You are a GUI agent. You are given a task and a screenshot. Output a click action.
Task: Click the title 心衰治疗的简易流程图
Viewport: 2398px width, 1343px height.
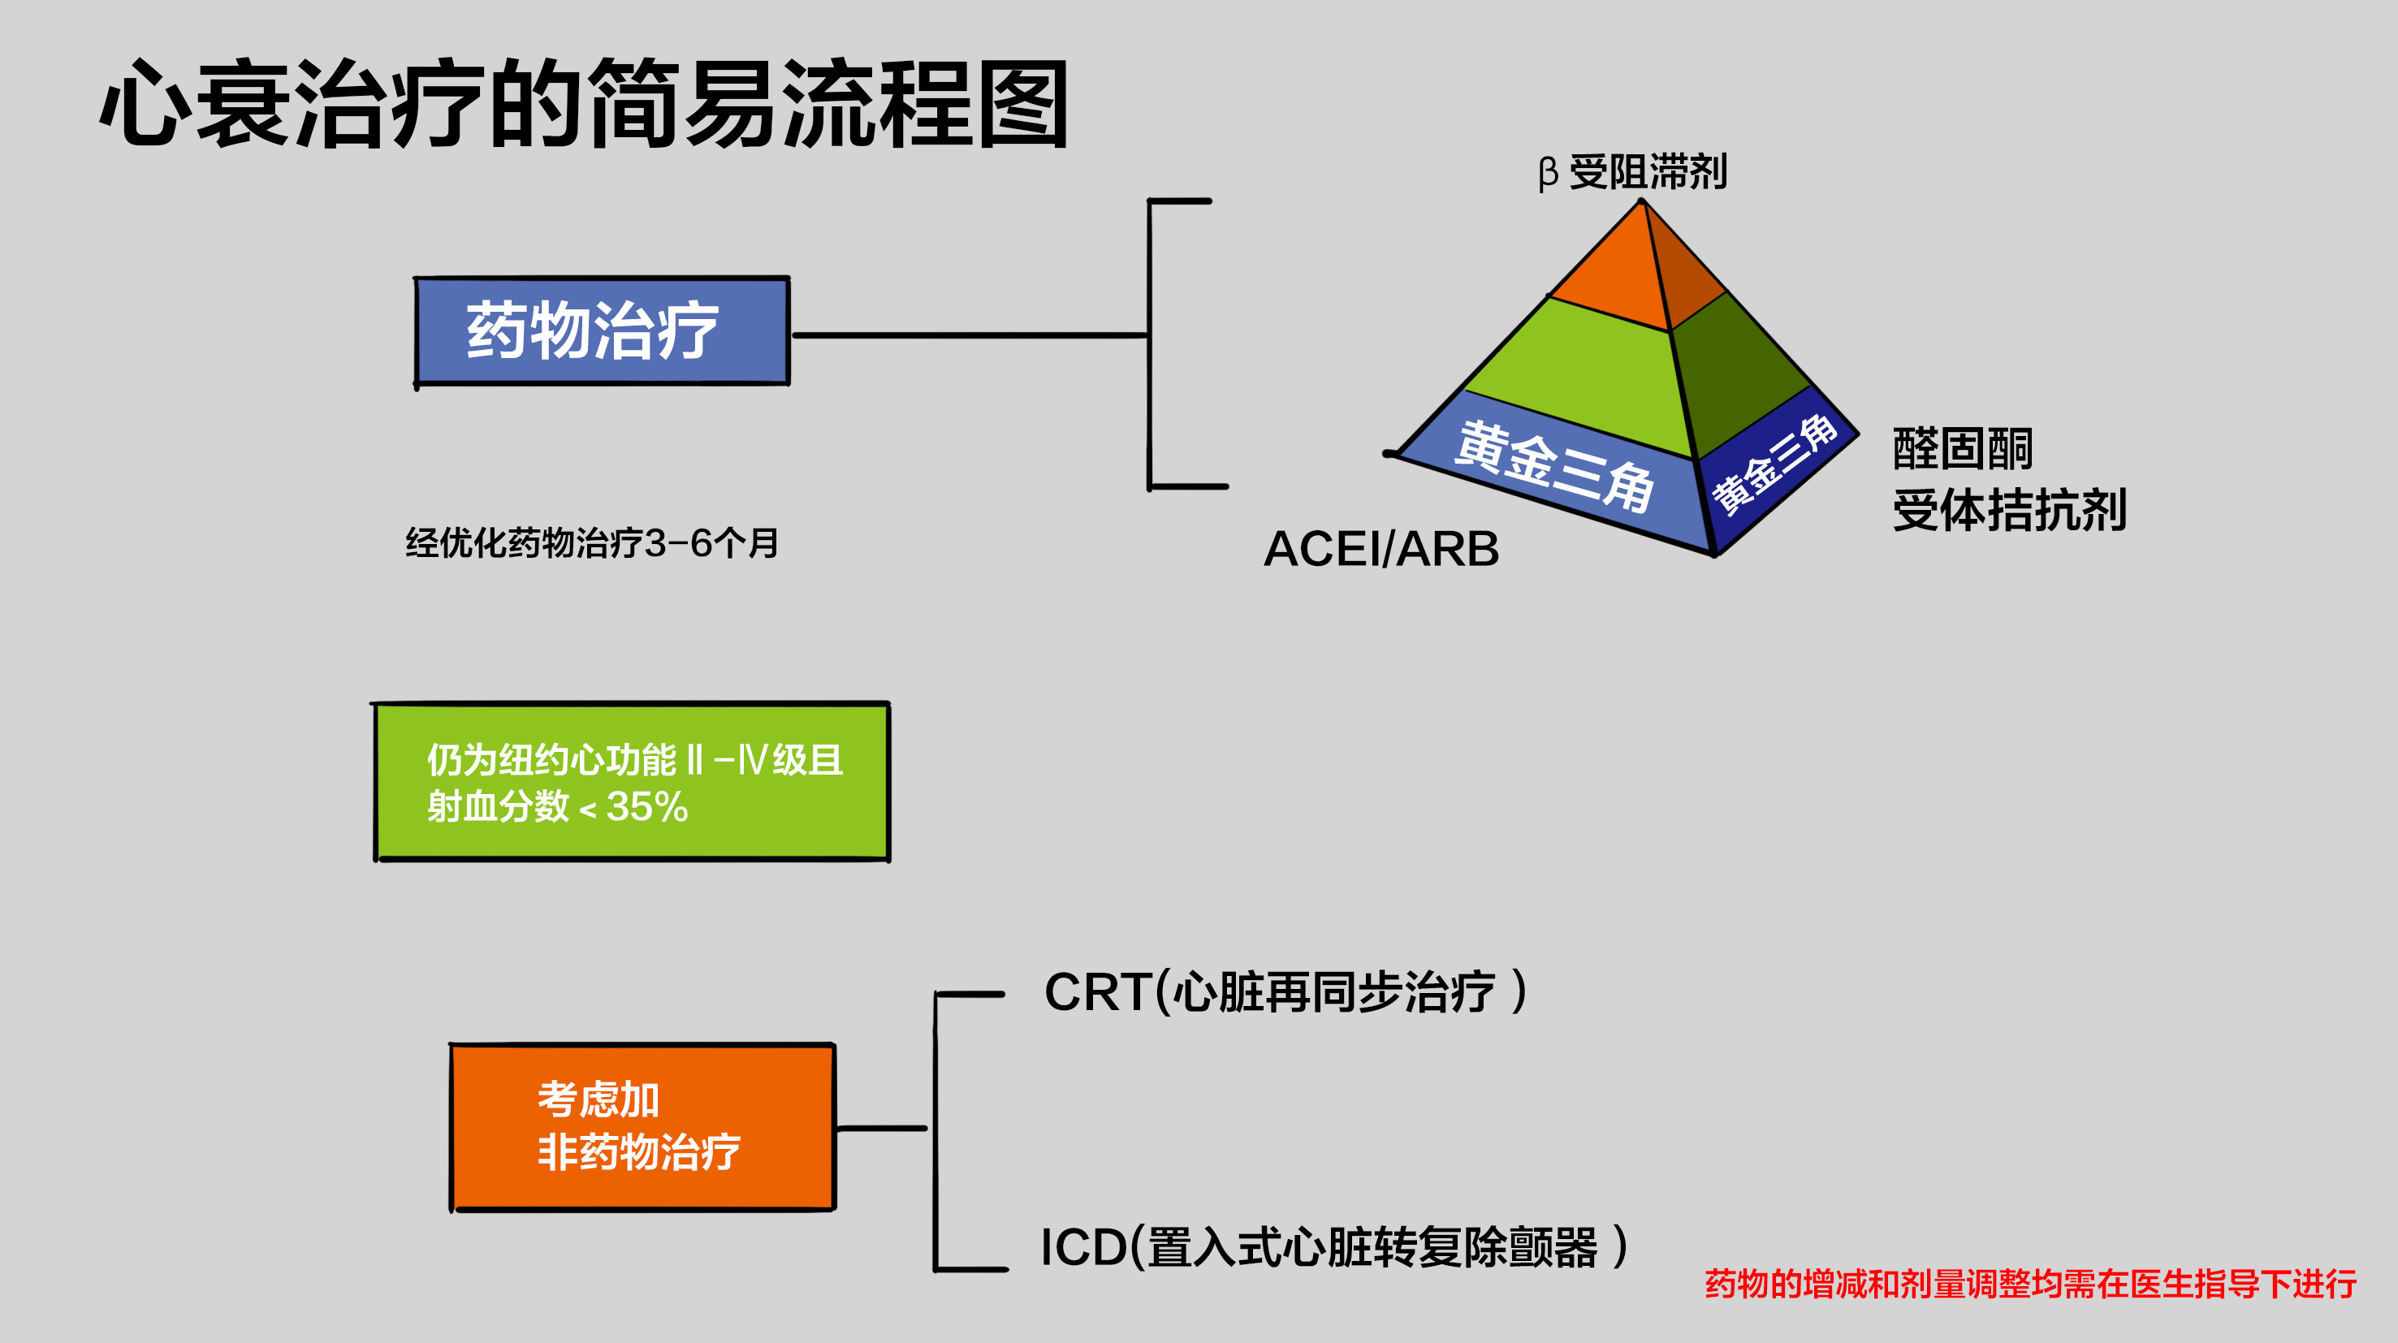(x=585, y=102)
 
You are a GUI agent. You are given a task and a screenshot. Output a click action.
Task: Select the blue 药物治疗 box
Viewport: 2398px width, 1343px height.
(x=603, y=331)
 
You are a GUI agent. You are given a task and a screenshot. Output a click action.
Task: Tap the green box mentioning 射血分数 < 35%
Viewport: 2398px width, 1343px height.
(x=632, y=782)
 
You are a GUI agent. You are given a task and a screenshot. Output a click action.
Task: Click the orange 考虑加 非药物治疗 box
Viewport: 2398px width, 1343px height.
(x=642, y=1126)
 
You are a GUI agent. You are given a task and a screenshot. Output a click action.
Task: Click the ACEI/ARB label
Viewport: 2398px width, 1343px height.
(x=1380, y=548)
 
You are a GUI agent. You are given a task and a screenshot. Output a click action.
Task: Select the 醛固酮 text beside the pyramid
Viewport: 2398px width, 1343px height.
(x=1963, y=450)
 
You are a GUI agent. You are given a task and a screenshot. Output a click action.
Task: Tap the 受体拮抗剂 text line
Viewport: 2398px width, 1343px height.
(x=2009, y=510)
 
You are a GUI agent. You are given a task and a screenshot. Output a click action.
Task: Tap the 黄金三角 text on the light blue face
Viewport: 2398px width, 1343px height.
(x=1554, y=465)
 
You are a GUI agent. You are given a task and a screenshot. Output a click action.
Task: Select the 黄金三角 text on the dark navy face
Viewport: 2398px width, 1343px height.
(x=1774, y=464)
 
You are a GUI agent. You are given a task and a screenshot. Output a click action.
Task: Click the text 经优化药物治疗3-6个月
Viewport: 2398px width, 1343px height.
(x=592, y=542)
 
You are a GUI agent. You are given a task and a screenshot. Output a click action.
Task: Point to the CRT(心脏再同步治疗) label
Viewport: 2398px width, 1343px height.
(x=1285, y=991)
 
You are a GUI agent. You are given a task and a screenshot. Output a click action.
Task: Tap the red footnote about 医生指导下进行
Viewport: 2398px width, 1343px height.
(x=2029, y=1285)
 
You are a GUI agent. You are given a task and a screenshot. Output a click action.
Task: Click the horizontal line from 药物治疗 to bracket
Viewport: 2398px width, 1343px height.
(x=968, y=335)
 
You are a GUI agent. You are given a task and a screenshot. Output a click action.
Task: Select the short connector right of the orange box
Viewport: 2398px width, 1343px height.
(x=883, y=1129)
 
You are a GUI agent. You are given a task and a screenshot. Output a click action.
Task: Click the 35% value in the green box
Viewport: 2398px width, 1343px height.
(x=647, y=806)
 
